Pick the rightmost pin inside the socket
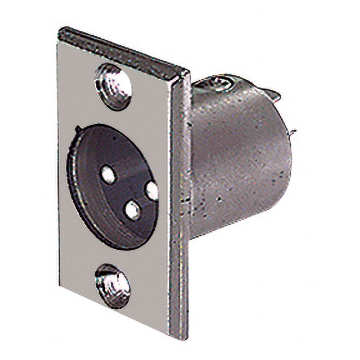(x=152, y=191)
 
